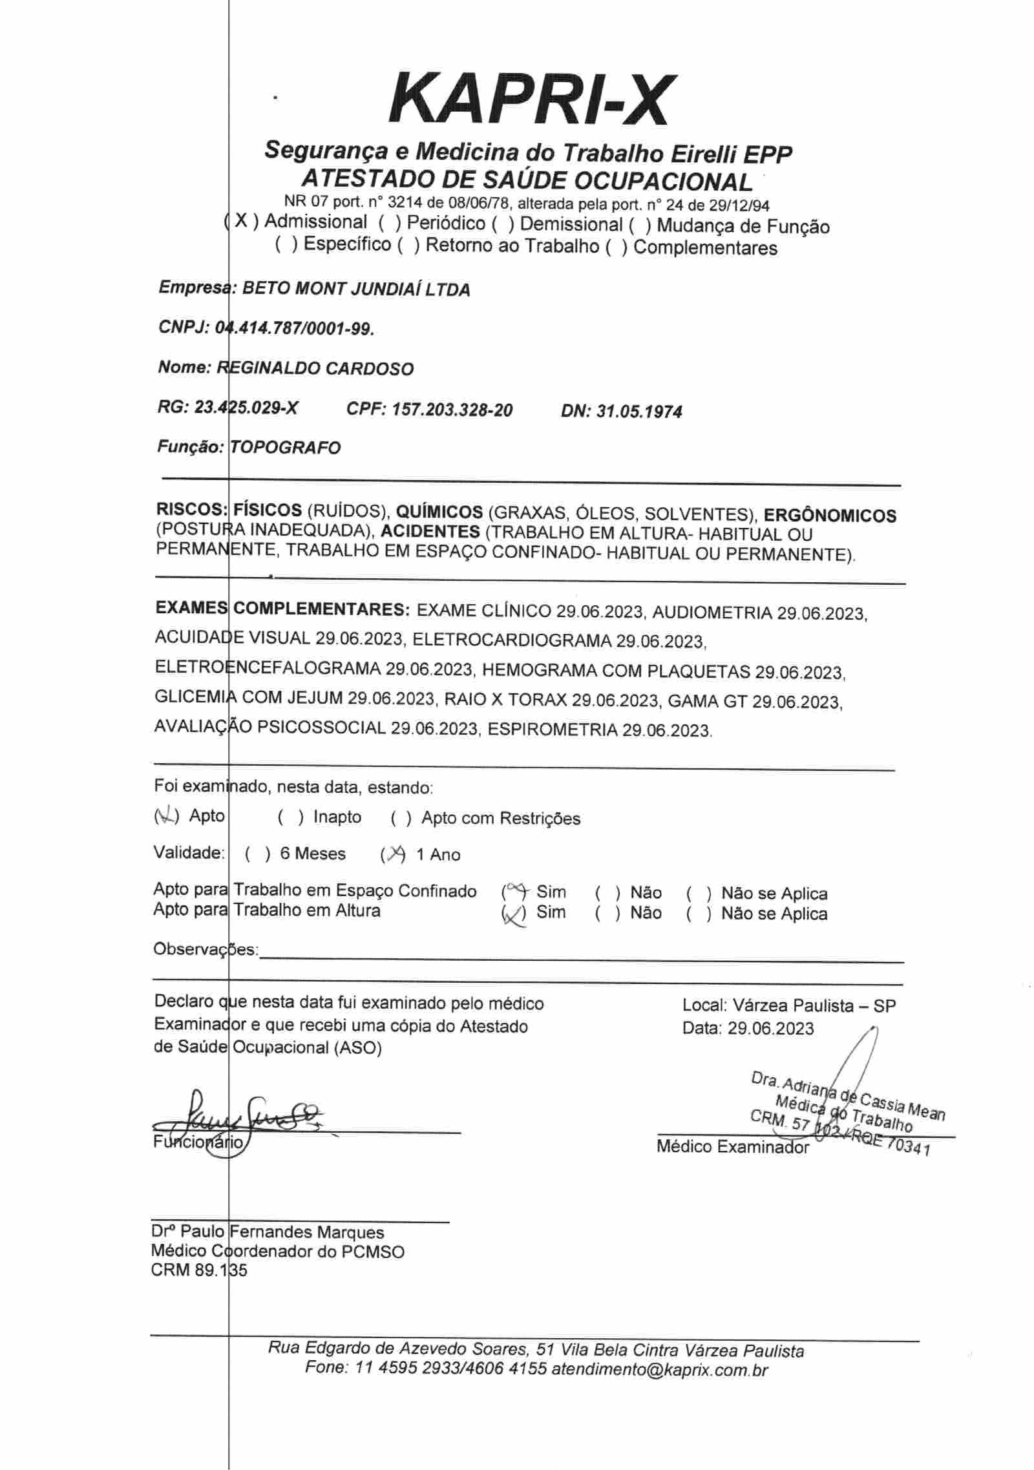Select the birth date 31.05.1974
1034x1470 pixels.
[x=638, y=412]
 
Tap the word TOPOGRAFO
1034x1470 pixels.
[x=285, y=448]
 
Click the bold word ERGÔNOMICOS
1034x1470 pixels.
[x=830, y=516]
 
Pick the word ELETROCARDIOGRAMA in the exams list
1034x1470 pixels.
[x=511, y=640]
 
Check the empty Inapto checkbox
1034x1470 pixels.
[x=291, y=818]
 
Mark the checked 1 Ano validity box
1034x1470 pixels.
[x=393, y=855]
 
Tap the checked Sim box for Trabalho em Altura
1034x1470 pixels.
[x=514, y=914]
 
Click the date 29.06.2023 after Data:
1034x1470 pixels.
[x=770, y=1028]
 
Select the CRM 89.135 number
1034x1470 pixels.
[x=198, y=1270]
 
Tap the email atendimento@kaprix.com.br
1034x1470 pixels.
[x=659, y=1369]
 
